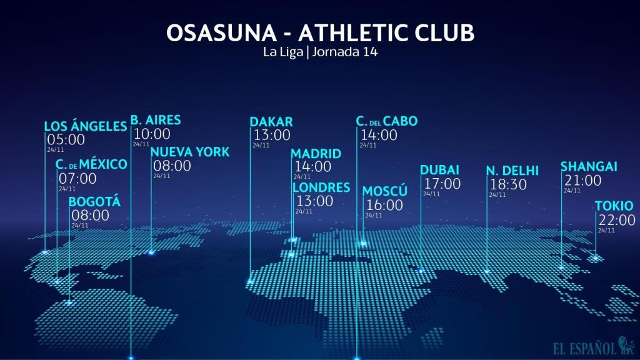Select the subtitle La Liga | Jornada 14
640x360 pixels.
click(320, 52)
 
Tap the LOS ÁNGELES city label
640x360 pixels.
click(86, 127)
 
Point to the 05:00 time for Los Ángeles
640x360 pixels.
click(66, 140)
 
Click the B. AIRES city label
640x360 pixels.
click(156, 120)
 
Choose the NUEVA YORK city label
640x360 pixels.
click(190, 152)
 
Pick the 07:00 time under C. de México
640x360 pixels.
click(77, 179)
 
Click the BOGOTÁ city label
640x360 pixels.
click(94, 202)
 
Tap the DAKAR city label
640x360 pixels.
click(271, 122)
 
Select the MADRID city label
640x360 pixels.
click(316, 154)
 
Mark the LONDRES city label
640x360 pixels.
click(321, 187)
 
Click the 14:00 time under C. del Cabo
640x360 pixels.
click(379, 135)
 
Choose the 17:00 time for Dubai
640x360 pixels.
click(442, 184)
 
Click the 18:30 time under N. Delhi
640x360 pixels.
click(508, 185)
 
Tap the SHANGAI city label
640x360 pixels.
click(589, 167)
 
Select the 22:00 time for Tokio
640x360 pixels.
click(617, 221)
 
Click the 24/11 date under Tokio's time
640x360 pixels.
click(606, 231)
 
